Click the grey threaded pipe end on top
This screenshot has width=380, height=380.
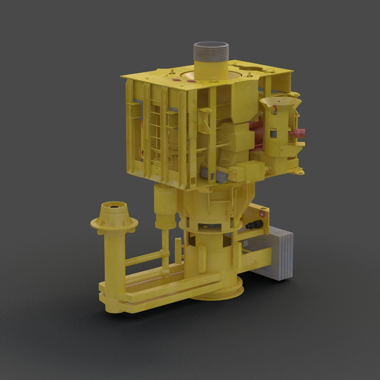click(211, 51)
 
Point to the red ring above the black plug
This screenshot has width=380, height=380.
click(262, 213)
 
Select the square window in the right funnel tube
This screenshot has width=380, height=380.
click(273, 133)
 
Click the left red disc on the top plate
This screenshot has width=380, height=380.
click(177, 80)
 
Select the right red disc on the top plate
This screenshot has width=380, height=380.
click(191, 81)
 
